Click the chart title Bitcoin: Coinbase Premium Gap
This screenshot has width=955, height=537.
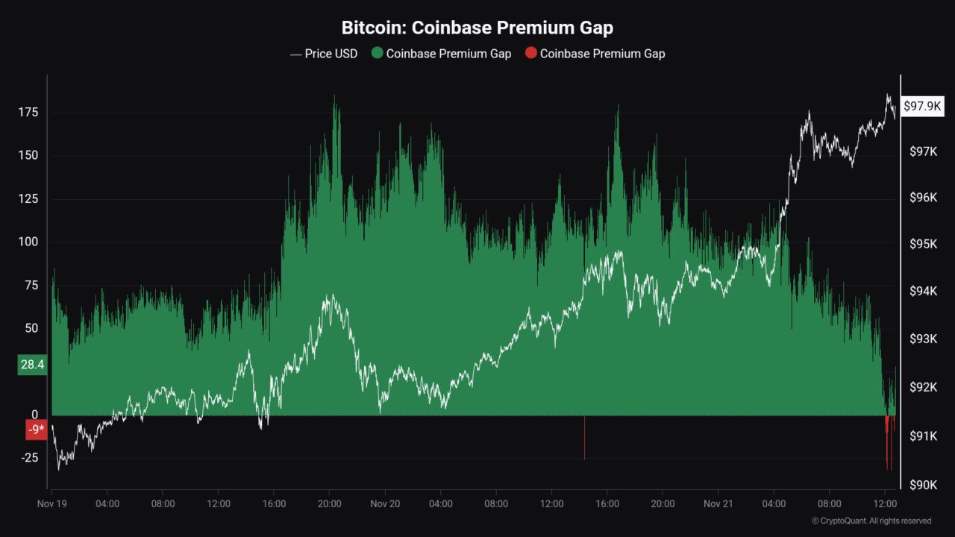tap(477, 28)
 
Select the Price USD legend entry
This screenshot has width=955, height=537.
tap(324, 54)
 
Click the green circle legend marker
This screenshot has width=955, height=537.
tap(377, 54)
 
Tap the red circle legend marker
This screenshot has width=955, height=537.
tap(530, 54)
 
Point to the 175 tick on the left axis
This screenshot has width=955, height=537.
tap(29, 113)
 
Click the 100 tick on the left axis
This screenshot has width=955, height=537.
tap(29, 242)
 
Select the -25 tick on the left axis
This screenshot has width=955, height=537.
tap(29, 457)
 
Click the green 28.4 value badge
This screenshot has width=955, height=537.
tap(31, 365)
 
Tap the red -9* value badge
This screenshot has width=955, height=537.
tap(36, 430)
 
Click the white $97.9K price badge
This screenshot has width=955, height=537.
tap(923, 107)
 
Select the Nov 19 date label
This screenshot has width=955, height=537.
tap(52, 504)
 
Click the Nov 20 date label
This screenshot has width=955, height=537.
tap(385, 504)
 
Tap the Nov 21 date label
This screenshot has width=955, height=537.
tap(718, 504)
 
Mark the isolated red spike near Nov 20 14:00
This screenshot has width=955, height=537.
tap(584, 440)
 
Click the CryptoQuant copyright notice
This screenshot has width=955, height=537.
tap(871, 521)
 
